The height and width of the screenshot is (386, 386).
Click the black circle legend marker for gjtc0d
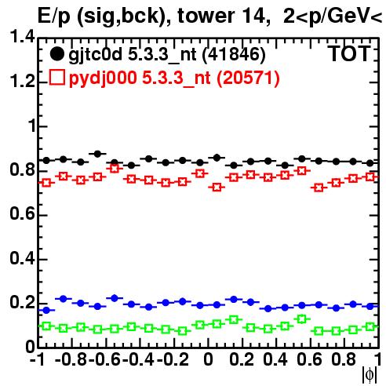[x=56, y=54]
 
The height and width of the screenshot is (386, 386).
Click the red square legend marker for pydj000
[x=56, y=77]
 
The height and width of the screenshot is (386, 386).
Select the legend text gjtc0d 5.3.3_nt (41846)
[x=167, y=55]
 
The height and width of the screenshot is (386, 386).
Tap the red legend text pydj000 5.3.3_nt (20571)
[x=174, y=78]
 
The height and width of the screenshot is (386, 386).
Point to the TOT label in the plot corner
[x=349, y=53]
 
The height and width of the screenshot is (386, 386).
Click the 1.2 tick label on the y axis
[x=22, y=81]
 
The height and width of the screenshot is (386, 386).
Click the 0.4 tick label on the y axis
[x=22, y=258]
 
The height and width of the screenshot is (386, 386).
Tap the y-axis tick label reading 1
[x=31, y=126]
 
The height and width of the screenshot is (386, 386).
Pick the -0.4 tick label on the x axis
[x=140, y=359]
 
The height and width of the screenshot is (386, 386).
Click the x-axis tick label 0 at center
[x=208, y=359]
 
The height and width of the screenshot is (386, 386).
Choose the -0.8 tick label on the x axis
[x=71, y=359]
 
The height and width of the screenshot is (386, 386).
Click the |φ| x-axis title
[x=370, y=375]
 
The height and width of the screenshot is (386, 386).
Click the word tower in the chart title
[x=206, y=16]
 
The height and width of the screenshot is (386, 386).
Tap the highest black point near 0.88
[x=97, y=154]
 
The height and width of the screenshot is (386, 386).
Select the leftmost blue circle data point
[x=46, y=310]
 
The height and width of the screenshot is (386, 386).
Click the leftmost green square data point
[x=46, y=326]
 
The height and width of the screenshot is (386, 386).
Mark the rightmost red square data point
[x=370, y=177]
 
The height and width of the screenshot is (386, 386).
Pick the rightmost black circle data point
[x=370, y=163]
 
